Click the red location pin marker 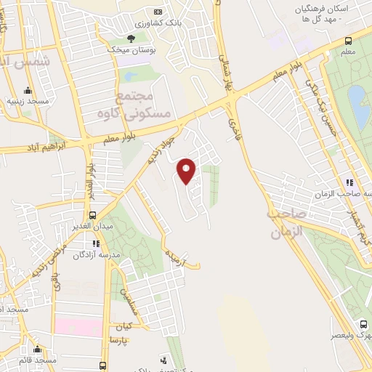click(x=187, y=170)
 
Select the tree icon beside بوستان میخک click(x=131, y=39)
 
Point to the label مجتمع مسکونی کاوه click(x=143, y=105)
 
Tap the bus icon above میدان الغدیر click(x=92, y=215)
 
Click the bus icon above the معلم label click(x=348, y=41)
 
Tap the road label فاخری click(x=234, y=129)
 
